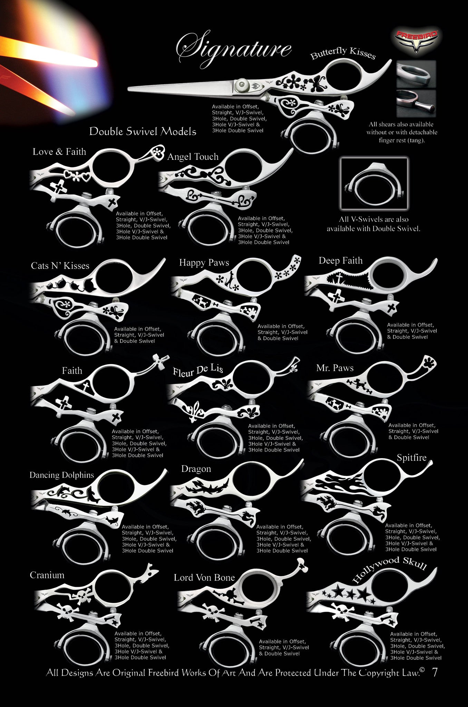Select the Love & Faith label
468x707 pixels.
coord(59,152)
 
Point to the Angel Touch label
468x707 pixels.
coord(193,157)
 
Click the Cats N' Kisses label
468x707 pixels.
coord(60,265)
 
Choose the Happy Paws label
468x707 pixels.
coord(204,263)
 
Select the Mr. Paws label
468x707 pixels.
coord(335,368)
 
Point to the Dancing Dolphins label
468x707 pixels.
coord(62,475)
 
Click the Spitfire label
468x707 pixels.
coord(411,458)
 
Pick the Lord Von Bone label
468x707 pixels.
coord(204,578)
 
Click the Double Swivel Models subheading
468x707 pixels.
coord(143,131)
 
